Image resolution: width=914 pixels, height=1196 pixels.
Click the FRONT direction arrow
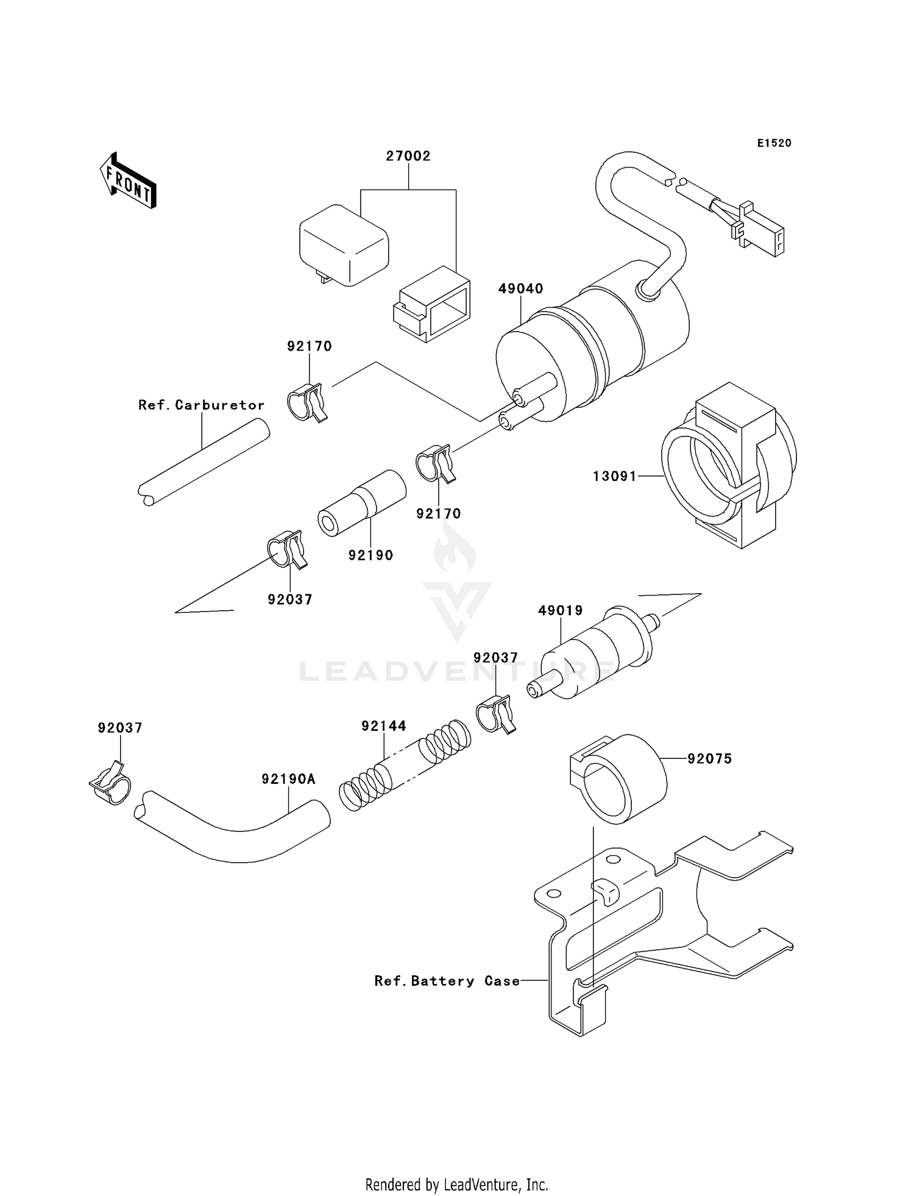tap(128, 181)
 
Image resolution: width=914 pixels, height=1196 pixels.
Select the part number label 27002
tap(408, 156)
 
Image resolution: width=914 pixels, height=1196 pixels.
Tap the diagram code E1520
tap(774, 143)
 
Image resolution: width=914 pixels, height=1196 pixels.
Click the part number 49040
tap(520, 289)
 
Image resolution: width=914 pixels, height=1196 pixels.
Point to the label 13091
tap(615, 476)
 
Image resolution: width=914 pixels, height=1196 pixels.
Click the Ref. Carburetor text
tap(201, 405)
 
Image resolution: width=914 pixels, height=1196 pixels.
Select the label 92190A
tap(289, 779)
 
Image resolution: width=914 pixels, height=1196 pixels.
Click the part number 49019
tap(560, 610)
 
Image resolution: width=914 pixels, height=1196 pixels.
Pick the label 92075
tap(709, 759)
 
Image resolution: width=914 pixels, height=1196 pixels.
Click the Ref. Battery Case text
tap(447, 981)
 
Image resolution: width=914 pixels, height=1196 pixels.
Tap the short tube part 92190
tap(362, 503)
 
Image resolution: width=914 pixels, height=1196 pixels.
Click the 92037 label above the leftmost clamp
tap(120, 728)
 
